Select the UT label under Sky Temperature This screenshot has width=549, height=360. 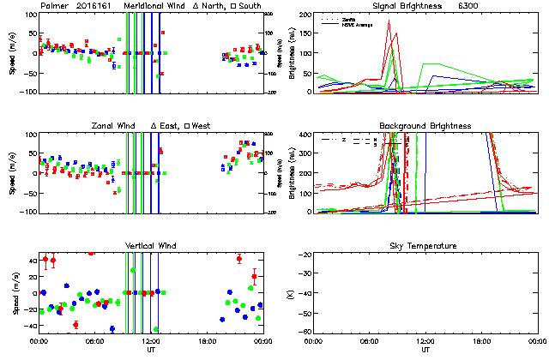425,351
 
